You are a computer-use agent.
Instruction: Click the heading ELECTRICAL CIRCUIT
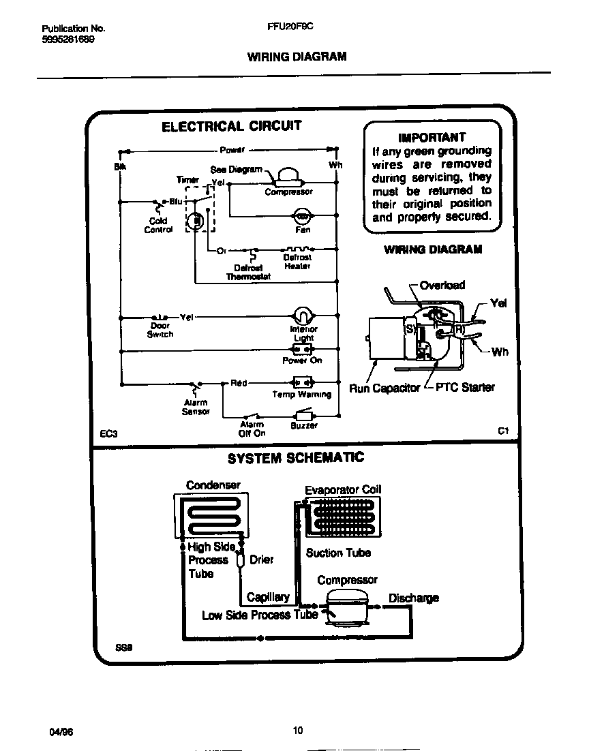tap(230, 126)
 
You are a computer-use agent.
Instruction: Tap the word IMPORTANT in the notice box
tap(432, 137)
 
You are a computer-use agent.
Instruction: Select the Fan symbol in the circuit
tap(302, 217)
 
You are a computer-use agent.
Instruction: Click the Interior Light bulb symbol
tap(303, 316)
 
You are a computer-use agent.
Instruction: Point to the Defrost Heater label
tap(297, 262)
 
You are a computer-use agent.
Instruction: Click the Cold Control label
tap(158, 226)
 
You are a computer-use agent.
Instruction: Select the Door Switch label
tap(160, 330)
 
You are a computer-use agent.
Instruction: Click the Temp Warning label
tap(301, 395)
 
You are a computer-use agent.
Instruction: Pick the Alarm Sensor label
tap(196, 408)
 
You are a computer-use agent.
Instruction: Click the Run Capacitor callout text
tap(384, 388)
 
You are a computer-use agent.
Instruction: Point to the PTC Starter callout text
tap(464, 387)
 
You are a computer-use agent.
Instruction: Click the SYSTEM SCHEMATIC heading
tap(295, 458)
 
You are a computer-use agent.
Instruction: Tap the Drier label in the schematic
tap(261, 560)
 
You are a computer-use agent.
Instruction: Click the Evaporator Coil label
tap(343, 489)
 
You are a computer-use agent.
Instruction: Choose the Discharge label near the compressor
tap(413, 598)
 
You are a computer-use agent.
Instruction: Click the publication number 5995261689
tap(68, 40)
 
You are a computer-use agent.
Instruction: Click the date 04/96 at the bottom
tap(61, 731)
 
